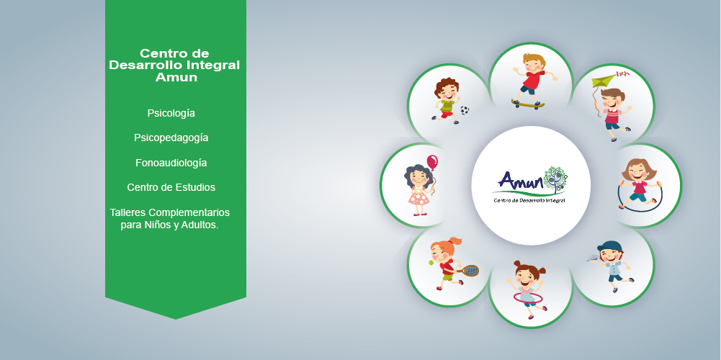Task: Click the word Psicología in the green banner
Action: (x=171, y=114)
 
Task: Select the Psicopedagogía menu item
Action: (x=171, y=138)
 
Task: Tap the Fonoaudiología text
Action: (x=171, y=163)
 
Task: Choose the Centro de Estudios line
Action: (x=171, y=188)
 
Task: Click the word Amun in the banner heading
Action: (x=176, y=77)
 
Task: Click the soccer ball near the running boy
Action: (x=465, y=110)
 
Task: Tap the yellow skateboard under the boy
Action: (x=528, y=104)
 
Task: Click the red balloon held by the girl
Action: (x=432, y=162)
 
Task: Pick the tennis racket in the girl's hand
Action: (x=468, y=270)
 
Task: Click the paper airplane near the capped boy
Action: (x=592, y=258)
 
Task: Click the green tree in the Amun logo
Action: (x=555, y=179)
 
